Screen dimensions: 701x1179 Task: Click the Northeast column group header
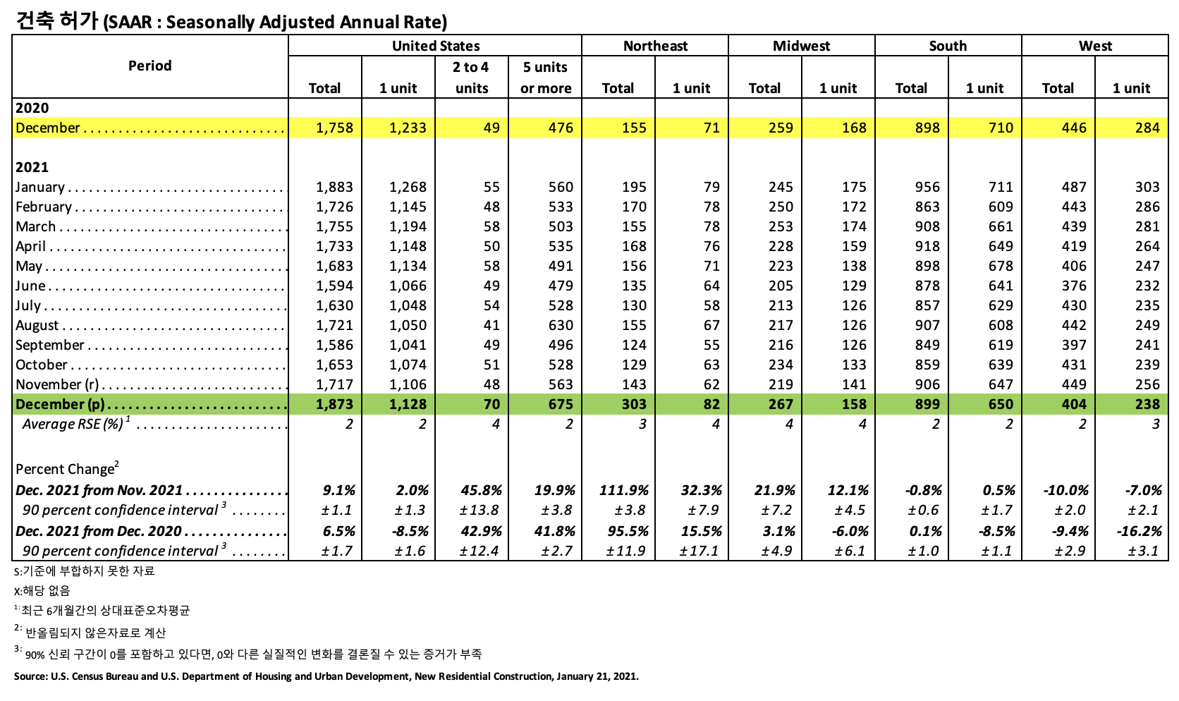pyautogui.click(x=655, y=46)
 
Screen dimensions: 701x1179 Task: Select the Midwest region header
pyautogui.click(x=801, y=46)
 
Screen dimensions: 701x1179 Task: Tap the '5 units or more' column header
pyautogui.click(x=545, y=78)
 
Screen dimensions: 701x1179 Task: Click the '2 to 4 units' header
pyautogui.click(x=471, y=78)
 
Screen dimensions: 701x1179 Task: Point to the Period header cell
pyautogui.click(x=149, y=66)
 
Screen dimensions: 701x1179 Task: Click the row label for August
pyautogui.click(x=37, y=325)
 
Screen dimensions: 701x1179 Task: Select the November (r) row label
pyautogui.click(x=57, y=384)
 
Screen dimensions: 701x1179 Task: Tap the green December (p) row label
pyautogui.click(x=60, y=404)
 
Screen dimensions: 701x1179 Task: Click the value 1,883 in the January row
pyautogui.click(x=334, y=187)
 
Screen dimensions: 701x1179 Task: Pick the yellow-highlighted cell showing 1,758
pyautogui.click(x=334, y=128)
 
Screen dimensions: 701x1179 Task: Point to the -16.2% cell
pyautogui.click(x=1140, y=531)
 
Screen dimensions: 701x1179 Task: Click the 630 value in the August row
pyautogui.click(x=561, y=325)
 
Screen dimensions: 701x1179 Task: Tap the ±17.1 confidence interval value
pyautogui.click(x=699, y=551)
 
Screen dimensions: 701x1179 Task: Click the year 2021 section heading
pyautogui.click(x=32, y=167)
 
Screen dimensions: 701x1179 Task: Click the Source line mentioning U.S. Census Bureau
pyautogui.click(x=326, y=676)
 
